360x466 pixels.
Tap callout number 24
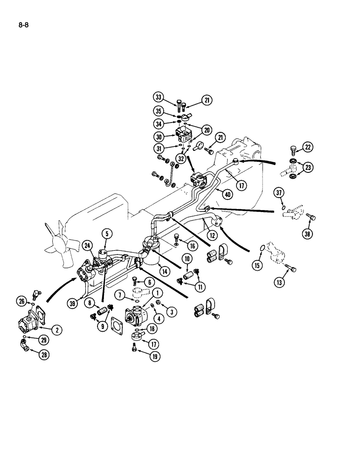click(87, 246)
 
